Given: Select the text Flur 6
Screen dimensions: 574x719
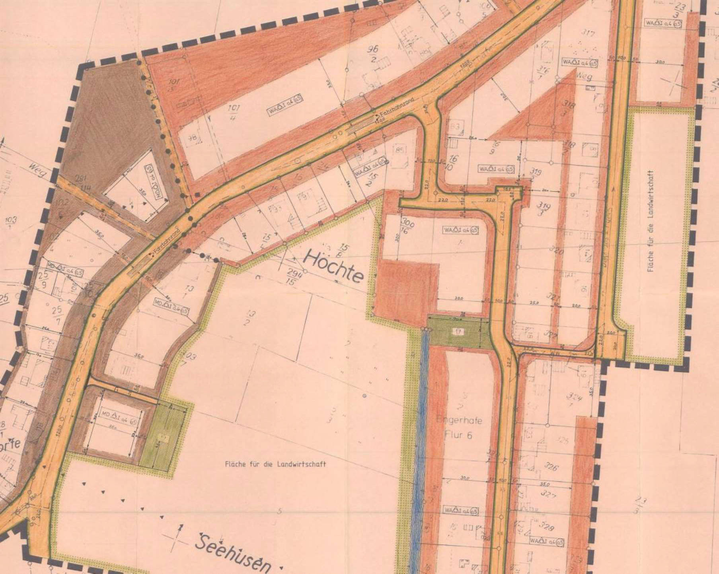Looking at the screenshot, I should [458, 435].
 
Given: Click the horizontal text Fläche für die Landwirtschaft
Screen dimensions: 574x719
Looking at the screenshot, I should [275, 464].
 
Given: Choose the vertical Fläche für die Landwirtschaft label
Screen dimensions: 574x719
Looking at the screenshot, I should [651, 221].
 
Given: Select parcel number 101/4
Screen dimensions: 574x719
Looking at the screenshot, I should [234, 113].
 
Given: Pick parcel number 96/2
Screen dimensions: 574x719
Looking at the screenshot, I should [373, 54].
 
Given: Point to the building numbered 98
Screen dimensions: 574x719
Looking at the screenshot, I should [192, 138].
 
